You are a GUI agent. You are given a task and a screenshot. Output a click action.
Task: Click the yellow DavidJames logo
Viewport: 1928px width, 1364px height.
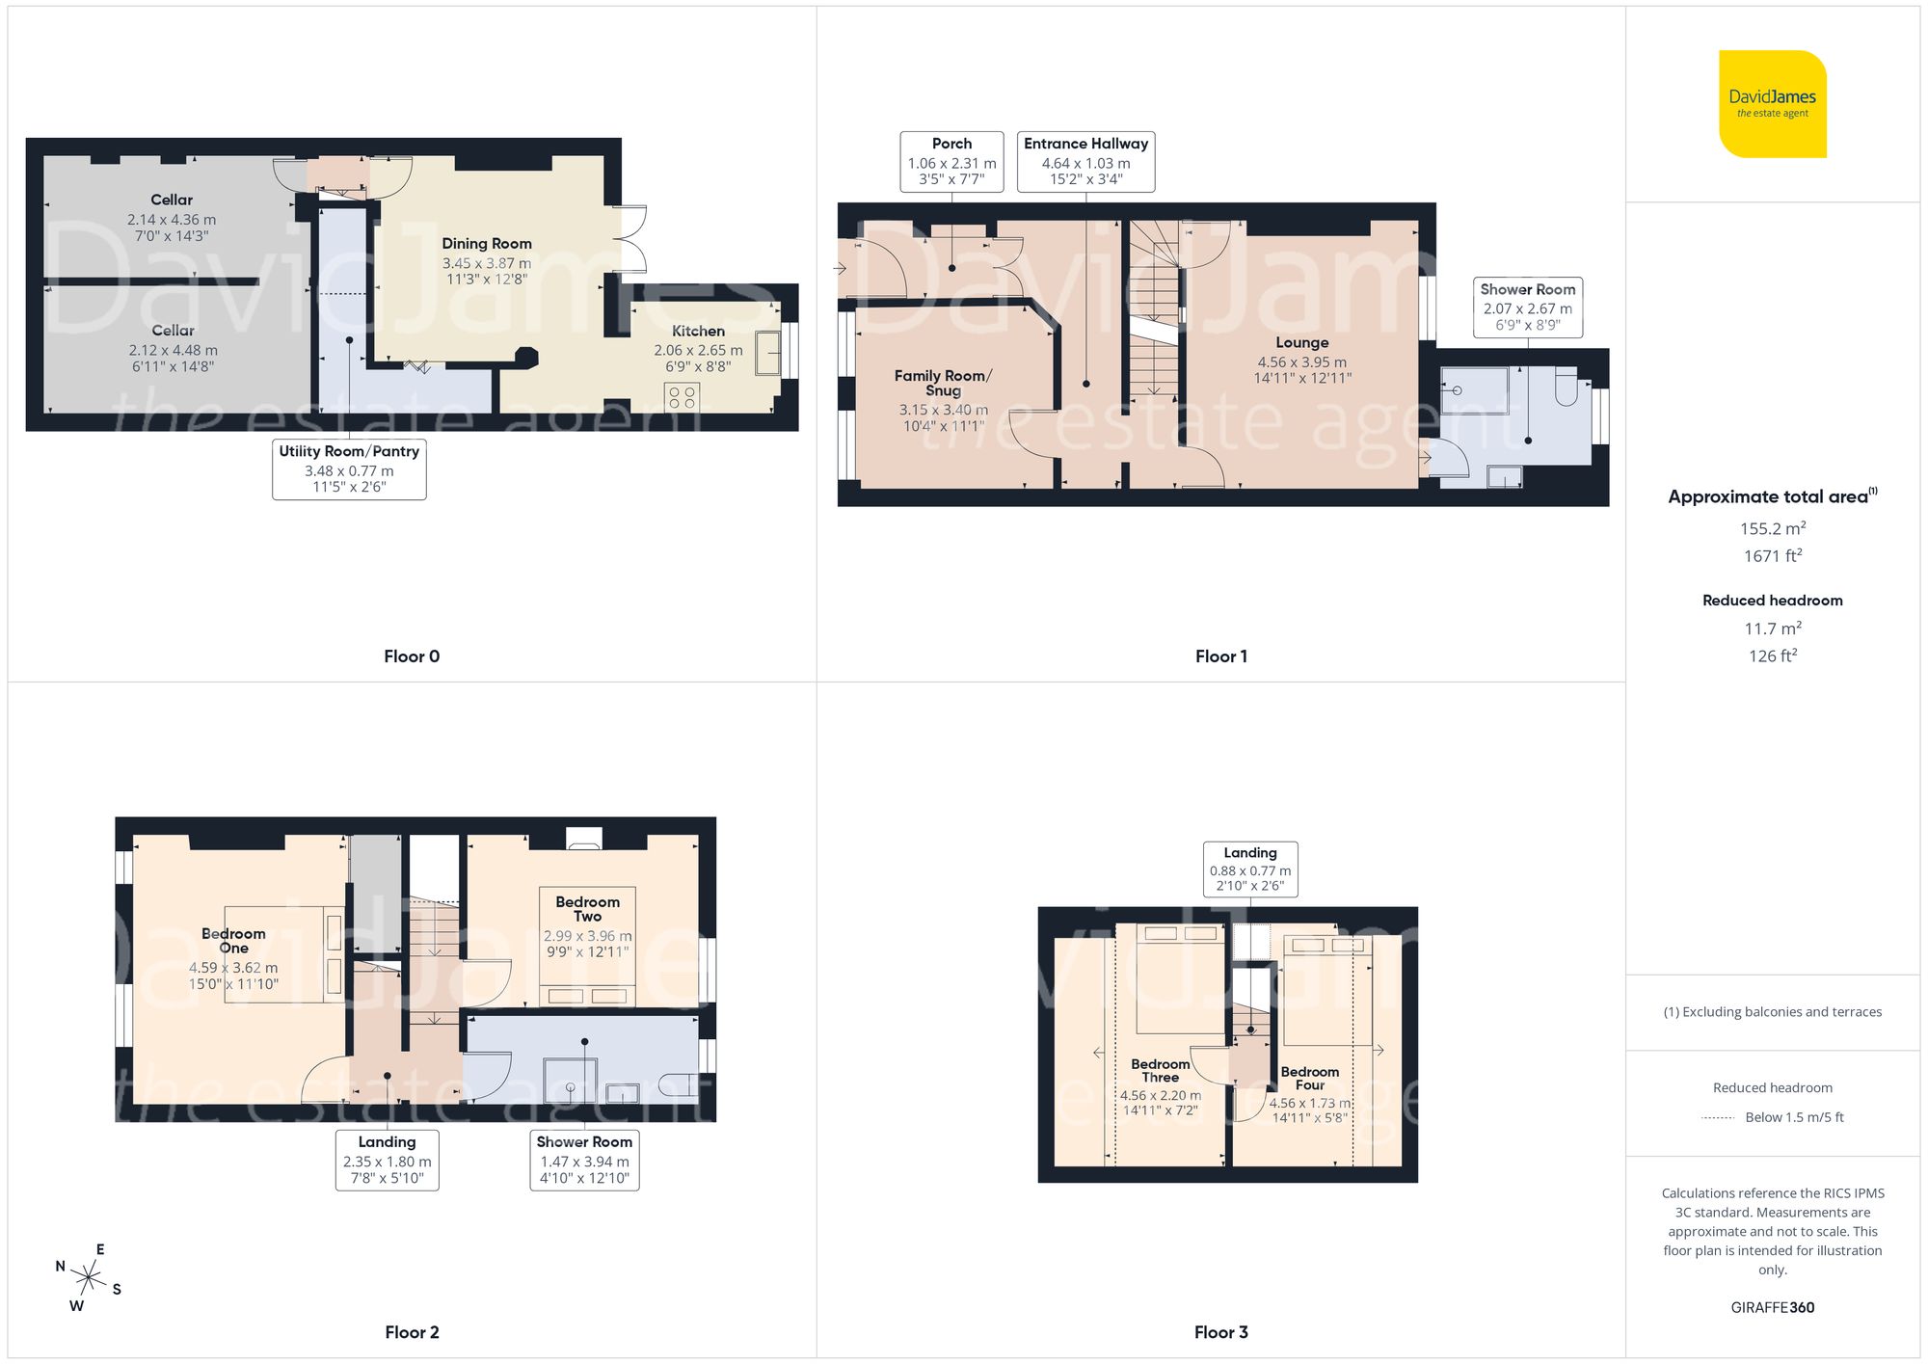1772,104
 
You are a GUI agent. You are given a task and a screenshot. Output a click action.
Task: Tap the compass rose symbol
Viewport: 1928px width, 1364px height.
89,1278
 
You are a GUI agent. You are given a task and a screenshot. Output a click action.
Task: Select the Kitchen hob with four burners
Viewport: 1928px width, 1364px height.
683,396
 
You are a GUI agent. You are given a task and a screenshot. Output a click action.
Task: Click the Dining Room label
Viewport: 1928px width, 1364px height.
487,244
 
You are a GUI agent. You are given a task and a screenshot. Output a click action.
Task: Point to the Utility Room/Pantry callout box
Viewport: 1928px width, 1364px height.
349,468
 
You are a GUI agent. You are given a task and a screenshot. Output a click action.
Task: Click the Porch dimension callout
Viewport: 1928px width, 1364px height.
951,162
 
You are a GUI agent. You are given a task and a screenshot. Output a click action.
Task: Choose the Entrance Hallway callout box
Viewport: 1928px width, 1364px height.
1085,162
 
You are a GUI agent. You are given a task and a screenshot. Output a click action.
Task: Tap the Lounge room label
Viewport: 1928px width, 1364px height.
1301,343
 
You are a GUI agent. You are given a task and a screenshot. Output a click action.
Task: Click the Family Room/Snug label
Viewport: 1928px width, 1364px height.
943,383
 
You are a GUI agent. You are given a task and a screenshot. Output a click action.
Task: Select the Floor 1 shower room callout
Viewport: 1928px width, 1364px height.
1527,307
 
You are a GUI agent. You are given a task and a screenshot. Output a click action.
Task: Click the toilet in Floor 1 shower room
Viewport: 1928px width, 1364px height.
1566,388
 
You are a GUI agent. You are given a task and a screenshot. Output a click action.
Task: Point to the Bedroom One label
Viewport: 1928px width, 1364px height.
233,940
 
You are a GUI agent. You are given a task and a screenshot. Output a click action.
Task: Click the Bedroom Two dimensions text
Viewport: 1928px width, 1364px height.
587,944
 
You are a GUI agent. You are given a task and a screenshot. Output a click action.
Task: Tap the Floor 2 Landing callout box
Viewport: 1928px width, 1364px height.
387,1160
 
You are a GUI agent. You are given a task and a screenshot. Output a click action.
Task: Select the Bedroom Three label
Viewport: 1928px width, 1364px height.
1160,1070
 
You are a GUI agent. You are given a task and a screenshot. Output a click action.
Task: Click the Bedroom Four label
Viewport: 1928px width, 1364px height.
1309,1078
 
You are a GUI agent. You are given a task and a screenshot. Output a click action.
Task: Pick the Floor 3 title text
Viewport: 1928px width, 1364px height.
1220,1332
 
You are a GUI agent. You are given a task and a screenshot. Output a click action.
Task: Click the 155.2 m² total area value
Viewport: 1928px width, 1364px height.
1772,528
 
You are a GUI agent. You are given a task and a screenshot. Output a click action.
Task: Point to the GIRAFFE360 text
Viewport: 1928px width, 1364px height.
1772,1307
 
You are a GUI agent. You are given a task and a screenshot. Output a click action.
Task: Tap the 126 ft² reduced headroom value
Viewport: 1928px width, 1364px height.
1772,655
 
